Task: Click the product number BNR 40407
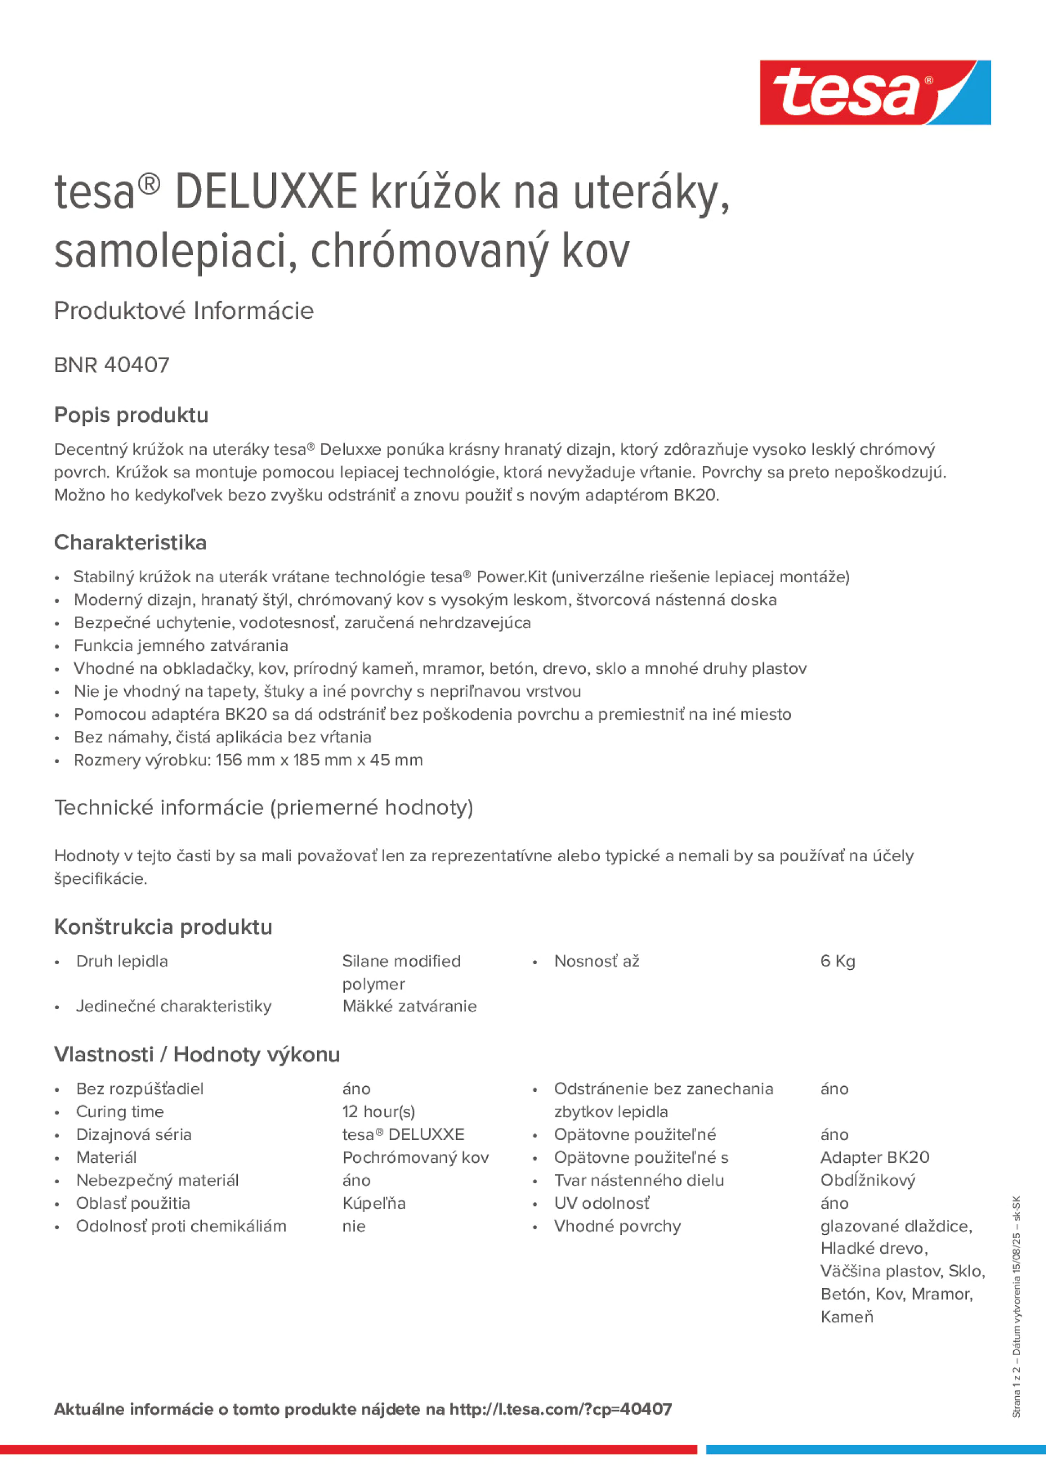pyautogui.click(x=111, y=365)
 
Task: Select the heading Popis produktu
pyautogui.click(x=131, y=415)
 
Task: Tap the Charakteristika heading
pyautogui.click(x=130, y=542)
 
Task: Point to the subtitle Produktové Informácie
pyautogui.click(x=184, y=311)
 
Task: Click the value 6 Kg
pyautogui.click(x=837, y=961)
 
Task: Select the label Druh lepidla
pyautogui.click(x=122, y=961)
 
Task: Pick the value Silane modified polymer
pyautogui.click(x=401, y=972)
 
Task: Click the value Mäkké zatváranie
pyautogui.click(x=410, y=1006)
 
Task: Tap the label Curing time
pyautogui.click(x=120, y=1111)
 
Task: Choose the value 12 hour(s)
pyautogui.click(x=379, y=1111)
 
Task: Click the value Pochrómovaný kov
pyautogui.click(x=415, y=1157)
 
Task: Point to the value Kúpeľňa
pyautogui.click(x=374, y=1203)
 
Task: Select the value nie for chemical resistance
pyautogui.click(x=354, y=1226)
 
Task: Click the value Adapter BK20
pyautogui.click(x=875, y=1157)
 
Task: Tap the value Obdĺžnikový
pyautogui.click(x=868, y=1180)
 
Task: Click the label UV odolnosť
pyautogui.click(x=601, y=1203)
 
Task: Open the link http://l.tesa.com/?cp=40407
pyautogui.click(x=560, y=1409)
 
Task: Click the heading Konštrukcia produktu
pyautogui.click(x=163, y=927)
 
